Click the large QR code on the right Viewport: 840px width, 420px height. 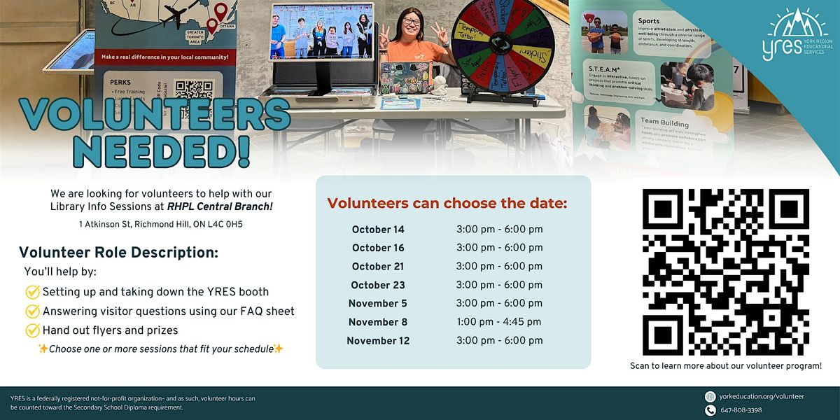[725, 271]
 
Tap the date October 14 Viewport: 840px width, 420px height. [378, 230]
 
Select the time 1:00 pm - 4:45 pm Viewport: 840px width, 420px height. [498, 322]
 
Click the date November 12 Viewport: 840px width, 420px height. [379, 341]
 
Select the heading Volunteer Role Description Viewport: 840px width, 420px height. [119, 253]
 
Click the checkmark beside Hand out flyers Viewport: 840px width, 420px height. [32, 330]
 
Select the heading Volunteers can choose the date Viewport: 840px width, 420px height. [447, 204]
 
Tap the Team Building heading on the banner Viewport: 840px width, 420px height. [664, 120]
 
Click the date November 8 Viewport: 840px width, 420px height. [378, 322]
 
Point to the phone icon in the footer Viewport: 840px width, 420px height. [710, 409]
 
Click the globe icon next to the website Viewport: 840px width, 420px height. [710, 396]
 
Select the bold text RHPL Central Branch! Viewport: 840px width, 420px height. [220, 206]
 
